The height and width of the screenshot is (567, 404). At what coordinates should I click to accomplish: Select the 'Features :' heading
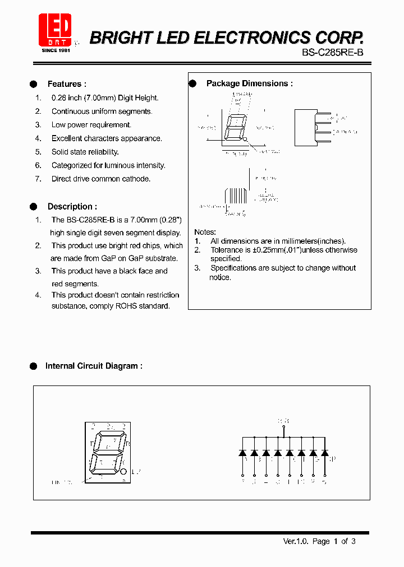(67, 84)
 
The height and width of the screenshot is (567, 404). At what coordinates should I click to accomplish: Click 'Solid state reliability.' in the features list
(85, 152)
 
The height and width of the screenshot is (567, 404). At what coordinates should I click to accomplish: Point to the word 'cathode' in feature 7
(136, 179)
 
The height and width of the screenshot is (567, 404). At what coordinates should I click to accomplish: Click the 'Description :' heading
(72, 206)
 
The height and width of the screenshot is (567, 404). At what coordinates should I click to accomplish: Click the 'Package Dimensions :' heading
(249, 83)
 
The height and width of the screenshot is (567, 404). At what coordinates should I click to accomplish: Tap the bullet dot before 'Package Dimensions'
(192, 83)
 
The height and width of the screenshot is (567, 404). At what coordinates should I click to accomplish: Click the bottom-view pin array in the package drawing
(235, 196)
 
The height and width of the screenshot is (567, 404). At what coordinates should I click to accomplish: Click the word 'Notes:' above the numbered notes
(205, 232)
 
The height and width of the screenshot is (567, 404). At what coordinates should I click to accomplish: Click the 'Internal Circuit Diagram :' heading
(94, 366)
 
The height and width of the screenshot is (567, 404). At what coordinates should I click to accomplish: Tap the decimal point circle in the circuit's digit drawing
(123, 471)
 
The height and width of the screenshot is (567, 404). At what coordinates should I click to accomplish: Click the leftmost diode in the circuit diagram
(242, 452)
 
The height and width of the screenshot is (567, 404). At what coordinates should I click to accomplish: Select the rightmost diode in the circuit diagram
(324, 452)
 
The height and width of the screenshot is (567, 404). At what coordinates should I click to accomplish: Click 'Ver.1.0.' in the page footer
(296, 541)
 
